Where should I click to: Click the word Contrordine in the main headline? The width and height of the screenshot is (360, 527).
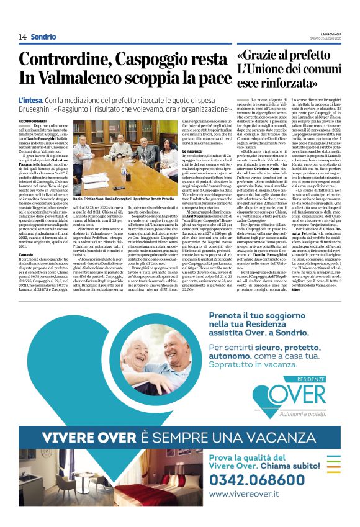point(68,60)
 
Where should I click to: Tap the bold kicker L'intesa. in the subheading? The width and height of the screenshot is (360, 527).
point(30,100)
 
